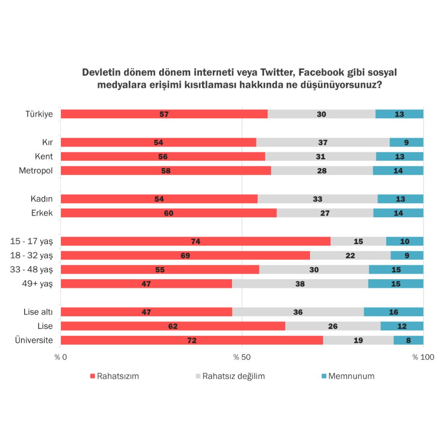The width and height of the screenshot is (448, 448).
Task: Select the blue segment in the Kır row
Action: tap(406, 142)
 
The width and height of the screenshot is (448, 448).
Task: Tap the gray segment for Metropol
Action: tap(322, 171)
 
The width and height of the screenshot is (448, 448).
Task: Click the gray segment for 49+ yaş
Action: tap(300, 284)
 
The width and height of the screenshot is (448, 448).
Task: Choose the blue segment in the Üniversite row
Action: tap(408, 340)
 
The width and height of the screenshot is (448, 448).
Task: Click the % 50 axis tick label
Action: tap(242, 358)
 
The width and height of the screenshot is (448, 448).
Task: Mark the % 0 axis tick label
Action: tap(61, 358)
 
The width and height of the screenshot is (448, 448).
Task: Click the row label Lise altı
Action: tap(38, 312)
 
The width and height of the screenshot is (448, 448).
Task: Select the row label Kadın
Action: tap(42, 199)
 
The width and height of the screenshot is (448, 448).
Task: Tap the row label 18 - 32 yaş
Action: tap(31, 256)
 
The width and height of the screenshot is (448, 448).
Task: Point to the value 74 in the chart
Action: tap(195, 242)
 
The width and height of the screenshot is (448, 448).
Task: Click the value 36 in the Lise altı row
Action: tap(297, 312)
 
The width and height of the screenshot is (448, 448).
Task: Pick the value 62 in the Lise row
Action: tap(173, 327)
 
